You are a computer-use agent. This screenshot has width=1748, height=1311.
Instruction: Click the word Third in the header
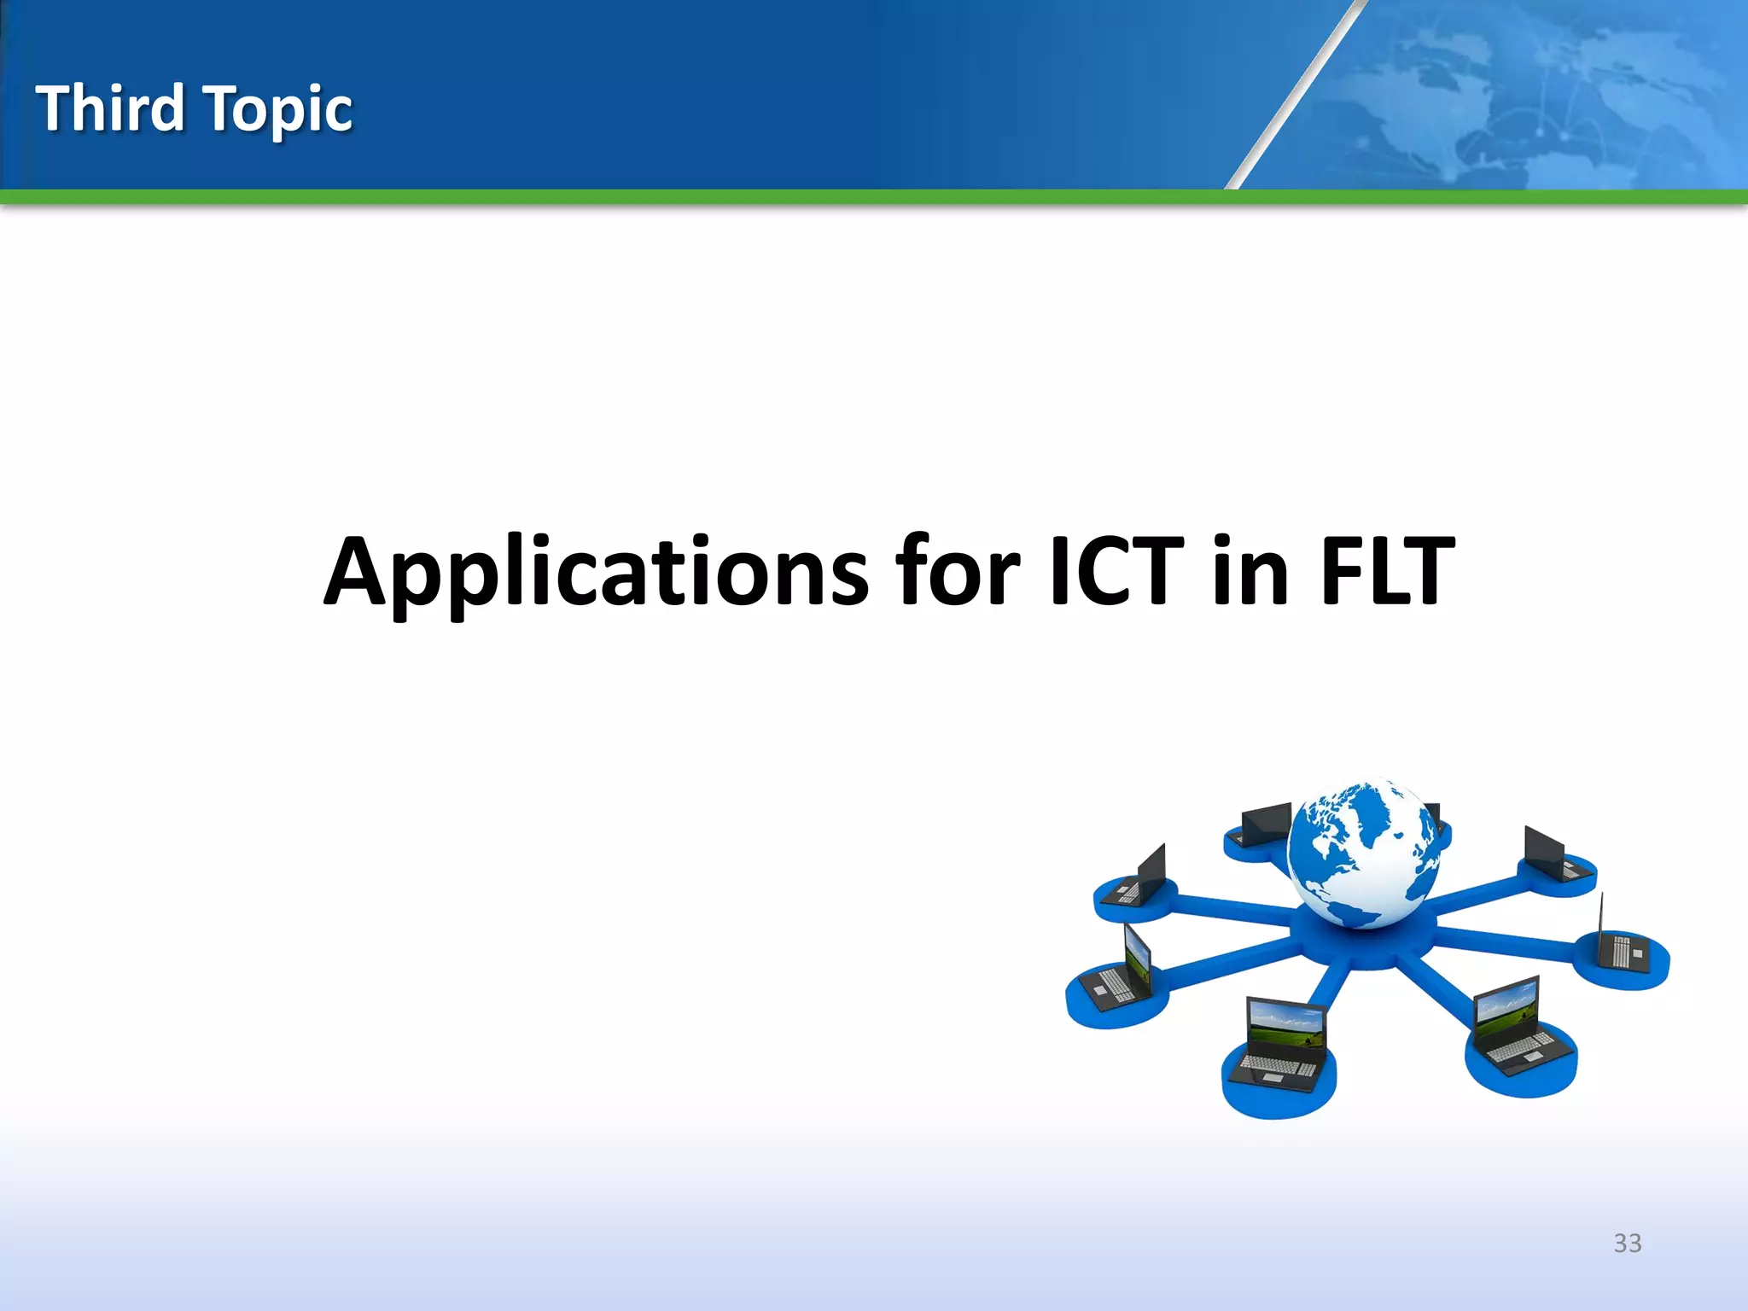coord(111,108)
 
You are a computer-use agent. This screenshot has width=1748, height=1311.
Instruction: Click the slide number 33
coord(1627,1243)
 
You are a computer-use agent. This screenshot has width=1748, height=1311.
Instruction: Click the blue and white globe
coord(1364,854)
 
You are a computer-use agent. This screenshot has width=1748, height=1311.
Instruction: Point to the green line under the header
coord(874,197)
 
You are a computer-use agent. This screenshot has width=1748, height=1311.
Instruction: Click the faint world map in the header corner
coord(1536,85)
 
